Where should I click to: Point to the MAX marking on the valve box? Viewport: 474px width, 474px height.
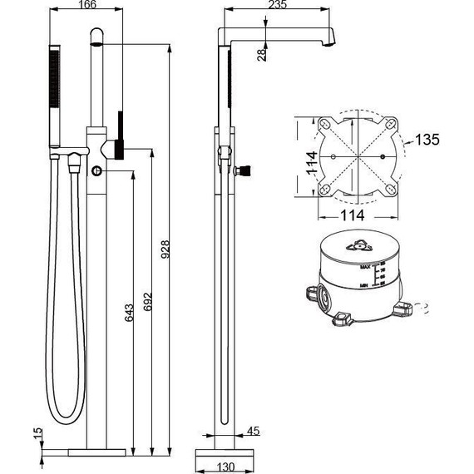click(x=365, y=266)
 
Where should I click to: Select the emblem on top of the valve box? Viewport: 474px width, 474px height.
click(x=359, y=244)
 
